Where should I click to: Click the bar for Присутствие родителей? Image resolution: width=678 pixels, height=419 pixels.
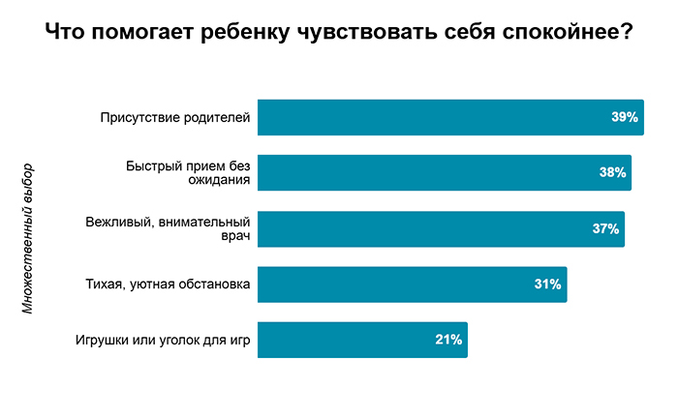pos(449,117)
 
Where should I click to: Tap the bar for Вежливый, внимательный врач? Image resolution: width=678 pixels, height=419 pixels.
pos(440,228)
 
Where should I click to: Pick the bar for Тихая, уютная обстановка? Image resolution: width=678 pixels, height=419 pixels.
pos(412,284)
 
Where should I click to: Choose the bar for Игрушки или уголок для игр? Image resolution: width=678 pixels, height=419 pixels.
pos(362,340)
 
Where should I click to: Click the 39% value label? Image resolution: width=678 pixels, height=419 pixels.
pos(624,117)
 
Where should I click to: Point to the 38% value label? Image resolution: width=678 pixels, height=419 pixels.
pos(612,172)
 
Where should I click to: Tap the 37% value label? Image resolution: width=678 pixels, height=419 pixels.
pos(605,228)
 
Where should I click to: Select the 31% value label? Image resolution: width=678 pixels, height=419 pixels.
pos(547,284)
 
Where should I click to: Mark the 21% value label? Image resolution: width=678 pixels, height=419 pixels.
pos(448,340)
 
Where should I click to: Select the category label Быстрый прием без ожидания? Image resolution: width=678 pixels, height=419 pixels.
pos(188,172)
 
